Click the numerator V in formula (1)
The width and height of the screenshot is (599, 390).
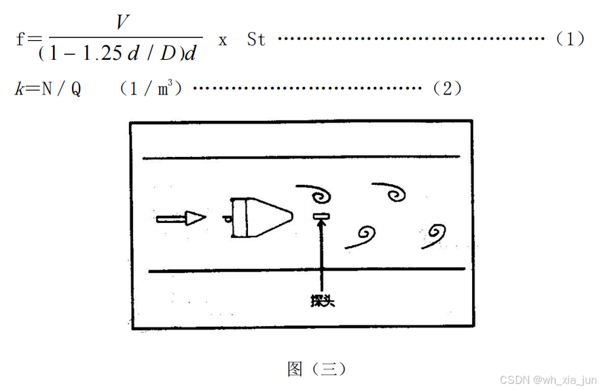[x=122, y=23]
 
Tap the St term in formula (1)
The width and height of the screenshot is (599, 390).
[x=256, y=39]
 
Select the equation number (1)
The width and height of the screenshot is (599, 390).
[x=570, y=39]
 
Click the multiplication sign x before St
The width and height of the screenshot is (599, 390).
[x=222, y=39]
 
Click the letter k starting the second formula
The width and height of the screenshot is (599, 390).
[x=19, y=89]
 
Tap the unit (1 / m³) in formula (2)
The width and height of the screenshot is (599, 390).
[x=151, y=88]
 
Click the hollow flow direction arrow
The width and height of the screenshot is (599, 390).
[x=181, y=218]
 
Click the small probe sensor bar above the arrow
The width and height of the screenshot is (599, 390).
[x=321, y=217]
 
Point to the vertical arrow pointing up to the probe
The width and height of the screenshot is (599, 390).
[x=321, y=258]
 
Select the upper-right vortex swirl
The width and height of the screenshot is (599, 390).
[x=392, y=192]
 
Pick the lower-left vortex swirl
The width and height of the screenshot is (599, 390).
[x=363, y=236]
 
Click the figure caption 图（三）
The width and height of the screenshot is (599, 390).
[x=316, y=369]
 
